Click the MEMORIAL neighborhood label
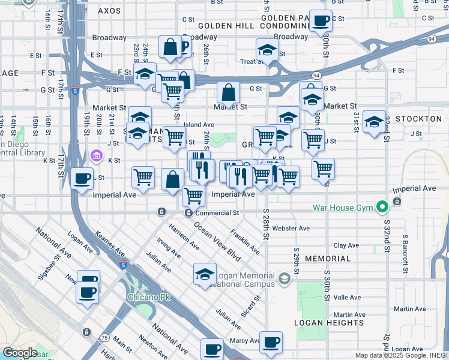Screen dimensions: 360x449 pos(327,259)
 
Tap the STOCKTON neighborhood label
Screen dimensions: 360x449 pos(418,119)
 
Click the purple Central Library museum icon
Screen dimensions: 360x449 pos(96,156)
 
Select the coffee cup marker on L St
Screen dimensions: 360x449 pos(82,178)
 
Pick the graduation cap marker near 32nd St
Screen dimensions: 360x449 pos(375,123)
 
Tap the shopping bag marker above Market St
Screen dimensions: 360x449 pos(228,93)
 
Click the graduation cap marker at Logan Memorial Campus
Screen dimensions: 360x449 pos(205,274)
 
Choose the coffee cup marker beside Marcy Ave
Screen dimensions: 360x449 pos(271,342)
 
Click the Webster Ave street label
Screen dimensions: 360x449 pos(291,228)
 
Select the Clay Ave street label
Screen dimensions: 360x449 pos(346,245)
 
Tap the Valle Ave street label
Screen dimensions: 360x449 pos(347,297)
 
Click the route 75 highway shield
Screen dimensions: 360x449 pos(87,332)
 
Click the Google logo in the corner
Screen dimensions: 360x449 pos(20,353)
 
